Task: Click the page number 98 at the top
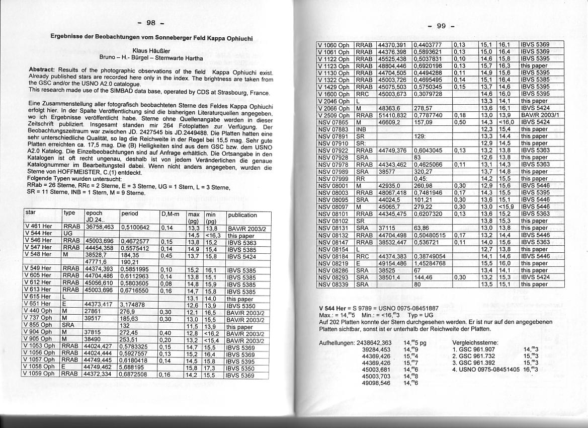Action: click(x=151, y=23)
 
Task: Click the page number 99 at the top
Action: click(x=441, y=26)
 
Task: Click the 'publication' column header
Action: click(x=242, y=215)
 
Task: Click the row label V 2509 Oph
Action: click(x=333, y=115)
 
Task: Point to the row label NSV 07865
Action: click(x=333, y=122)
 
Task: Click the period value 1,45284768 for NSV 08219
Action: click(x=430, y=263)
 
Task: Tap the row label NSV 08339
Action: click(x=333, y=284)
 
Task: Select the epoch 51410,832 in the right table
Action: click(x=392, y=115)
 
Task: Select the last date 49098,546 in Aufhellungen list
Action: click(x=376, y=383)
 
